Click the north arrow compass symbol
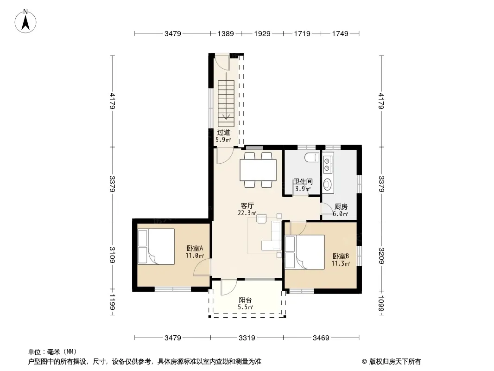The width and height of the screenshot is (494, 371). pyautogui.click(x=25, y=21)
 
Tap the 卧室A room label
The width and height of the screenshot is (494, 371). pyautogui.click(x=195, y=249)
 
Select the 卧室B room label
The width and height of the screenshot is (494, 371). pyautogui.click(x=341, y=256)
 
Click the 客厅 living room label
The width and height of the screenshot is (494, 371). pyautogui.click(x=247, y=206)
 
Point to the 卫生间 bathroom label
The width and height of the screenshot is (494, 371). pyautogui.click(x=303, y=182)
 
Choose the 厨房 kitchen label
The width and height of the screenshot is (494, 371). pyautogui.click(x=341, y=207)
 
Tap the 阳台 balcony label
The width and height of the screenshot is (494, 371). pyautogui.click(x=245, y=300)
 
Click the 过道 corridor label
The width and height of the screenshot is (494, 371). pyautogui.click(x=223, y=133)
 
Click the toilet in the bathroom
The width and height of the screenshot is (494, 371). pyautogui.click(x=312, y=157)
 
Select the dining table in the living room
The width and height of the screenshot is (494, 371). pyautogui.click(x=258, y=170)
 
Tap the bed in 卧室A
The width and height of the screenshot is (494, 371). pyautogui.click(x=156, y=247)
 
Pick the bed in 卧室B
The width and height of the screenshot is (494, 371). pyautogui.click(x=304, y=252)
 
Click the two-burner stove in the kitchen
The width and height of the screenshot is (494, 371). pyautogui.click(x=328, y=163)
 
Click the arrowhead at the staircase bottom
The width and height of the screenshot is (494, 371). pyautogui.click(x=226, y=116)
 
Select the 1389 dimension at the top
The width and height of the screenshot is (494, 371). pyautogui.click(x=226, y=33)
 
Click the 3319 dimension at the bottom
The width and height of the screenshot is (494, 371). pyautogui.click(x=247, y=338)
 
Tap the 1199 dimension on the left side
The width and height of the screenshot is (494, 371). pyautogui.click(x=113, y=302)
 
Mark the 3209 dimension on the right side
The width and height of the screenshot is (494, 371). pyautogui.click(x=381, y=256)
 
